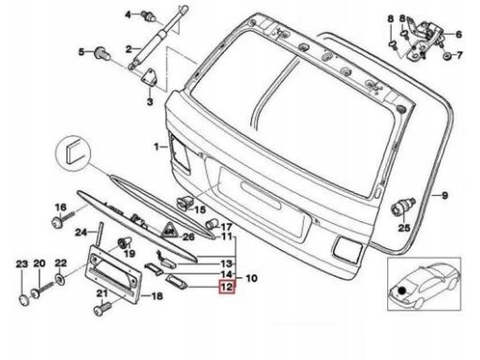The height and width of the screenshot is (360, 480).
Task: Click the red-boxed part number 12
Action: pyautogui.click(x=227, y=287)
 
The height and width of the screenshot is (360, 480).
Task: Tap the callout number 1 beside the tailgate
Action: pyautogui.click(x=157, y=146)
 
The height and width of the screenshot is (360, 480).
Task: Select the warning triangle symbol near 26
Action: pyautogui.click(x=169, y=231)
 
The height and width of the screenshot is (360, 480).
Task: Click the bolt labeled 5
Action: pyautogui.click(x=102, y=53)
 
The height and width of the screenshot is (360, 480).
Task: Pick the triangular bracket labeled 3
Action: pyautogui.click(x=150, y=77)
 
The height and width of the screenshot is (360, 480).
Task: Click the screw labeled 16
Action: pyautogui.click(x=63, y=218)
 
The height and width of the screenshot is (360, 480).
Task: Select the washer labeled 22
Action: pyautogui.click(x=60, y=278)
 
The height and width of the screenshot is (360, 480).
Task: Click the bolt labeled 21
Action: pyautogui.click(x=103, y=307)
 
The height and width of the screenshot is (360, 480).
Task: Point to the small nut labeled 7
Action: pyautogui.click(x=446, y=56)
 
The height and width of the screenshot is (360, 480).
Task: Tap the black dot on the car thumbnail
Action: pyautogui.click(x=402, y=291)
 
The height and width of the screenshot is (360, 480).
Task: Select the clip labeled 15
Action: pyautogui.click(x=186, y=202)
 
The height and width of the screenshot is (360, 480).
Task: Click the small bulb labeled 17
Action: pyautogui.click(x=211, y=223)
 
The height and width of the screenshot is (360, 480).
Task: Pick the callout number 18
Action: pyautogui.click(x=157, y=295)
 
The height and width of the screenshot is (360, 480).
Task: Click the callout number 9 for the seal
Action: pyautogui.click(x=445, y=195)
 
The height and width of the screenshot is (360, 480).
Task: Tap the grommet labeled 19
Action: pyautogui.click(x=124, y=243)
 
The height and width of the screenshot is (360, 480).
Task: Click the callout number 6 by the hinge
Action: pyautogui.click(x=458, y=34)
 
